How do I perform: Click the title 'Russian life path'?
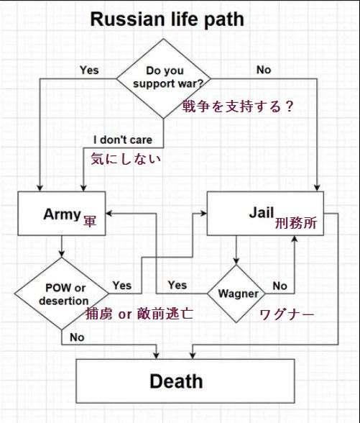click(x=167, y=20)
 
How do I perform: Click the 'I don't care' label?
click(x=123, y=140)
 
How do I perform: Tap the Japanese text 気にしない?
click(x=126, y=158)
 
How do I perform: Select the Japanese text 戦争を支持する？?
click(x=238, y=106)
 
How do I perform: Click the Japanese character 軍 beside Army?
click(x=89, y=221)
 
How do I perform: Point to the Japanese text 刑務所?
click(x=296, y=223)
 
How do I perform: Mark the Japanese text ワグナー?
click(x=287, y=314)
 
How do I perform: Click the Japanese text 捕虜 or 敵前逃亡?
click(x=139, y=314)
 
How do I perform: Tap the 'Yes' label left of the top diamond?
click(x=89, y=70)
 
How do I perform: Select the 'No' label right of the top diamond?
click(x=264, y=70)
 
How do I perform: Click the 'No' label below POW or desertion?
click(x=77, y=337)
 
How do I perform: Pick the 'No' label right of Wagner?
click(x=280, y=286)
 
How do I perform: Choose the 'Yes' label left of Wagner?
click(x=177, y=285)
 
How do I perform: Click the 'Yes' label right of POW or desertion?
click(x=122, y=286)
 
